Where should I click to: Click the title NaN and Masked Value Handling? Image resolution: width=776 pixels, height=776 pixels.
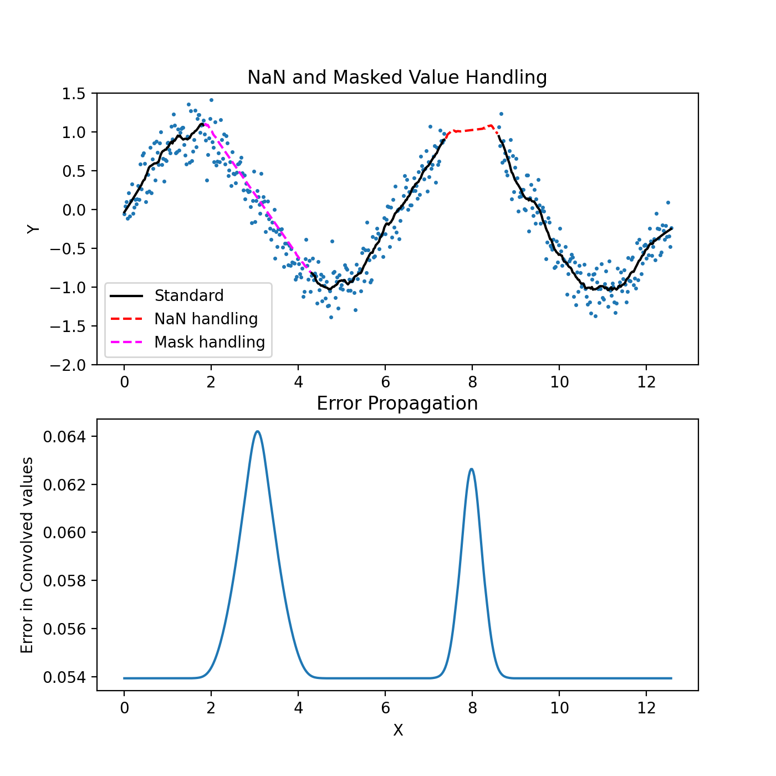[x=397, y=78]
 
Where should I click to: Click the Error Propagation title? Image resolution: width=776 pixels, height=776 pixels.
[x=397, y=404]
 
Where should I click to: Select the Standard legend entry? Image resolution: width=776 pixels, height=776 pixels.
[x=188, y=296]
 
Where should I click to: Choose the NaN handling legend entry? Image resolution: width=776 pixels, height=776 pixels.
[x=206, y=319]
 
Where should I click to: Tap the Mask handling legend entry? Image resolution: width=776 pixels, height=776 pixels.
[x=209, y=343]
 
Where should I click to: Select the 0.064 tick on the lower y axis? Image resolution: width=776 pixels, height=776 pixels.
[x=66, y=437]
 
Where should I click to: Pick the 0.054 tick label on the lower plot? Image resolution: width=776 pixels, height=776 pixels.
[x=66, y=677]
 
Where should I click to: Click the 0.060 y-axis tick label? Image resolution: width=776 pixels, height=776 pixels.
[x=66, y=533]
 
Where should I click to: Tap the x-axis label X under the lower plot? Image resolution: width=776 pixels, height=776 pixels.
[x=397, y=731]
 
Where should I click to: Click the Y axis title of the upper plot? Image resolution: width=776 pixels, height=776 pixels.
[x=34, y=229]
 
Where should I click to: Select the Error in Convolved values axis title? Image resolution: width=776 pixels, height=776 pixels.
[x=27, y=555]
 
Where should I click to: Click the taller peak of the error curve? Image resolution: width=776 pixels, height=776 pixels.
[x=257, y=432]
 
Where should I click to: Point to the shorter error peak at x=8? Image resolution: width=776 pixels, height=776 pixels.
[x=472, y=469]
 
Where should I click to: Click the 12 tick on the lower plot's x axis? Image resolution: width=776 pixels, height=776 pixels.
[x=646, y=708]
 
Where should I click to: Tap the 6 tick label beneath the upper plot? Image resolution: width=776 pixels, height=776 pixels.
[x=385, y=382]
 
